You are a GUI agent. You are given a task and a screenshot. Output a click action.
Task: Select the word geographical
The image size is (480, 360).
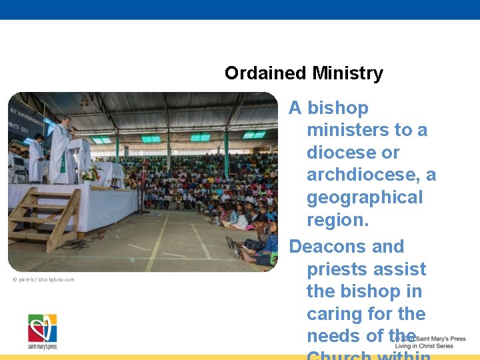(365, 197)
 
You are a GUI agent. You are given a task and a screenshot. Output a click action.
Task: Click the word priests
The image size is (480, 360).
(336, 269)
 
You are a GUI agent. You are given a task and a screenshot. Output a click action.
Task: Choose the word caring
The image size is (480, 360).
(333, 314)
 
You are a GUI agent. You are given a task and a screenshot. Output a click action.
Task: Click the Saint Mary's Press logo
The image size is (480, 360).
(42, 331)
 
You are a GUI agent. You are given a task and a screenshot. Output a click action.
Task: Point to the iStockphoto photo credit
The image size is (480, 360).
(43, 279)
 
